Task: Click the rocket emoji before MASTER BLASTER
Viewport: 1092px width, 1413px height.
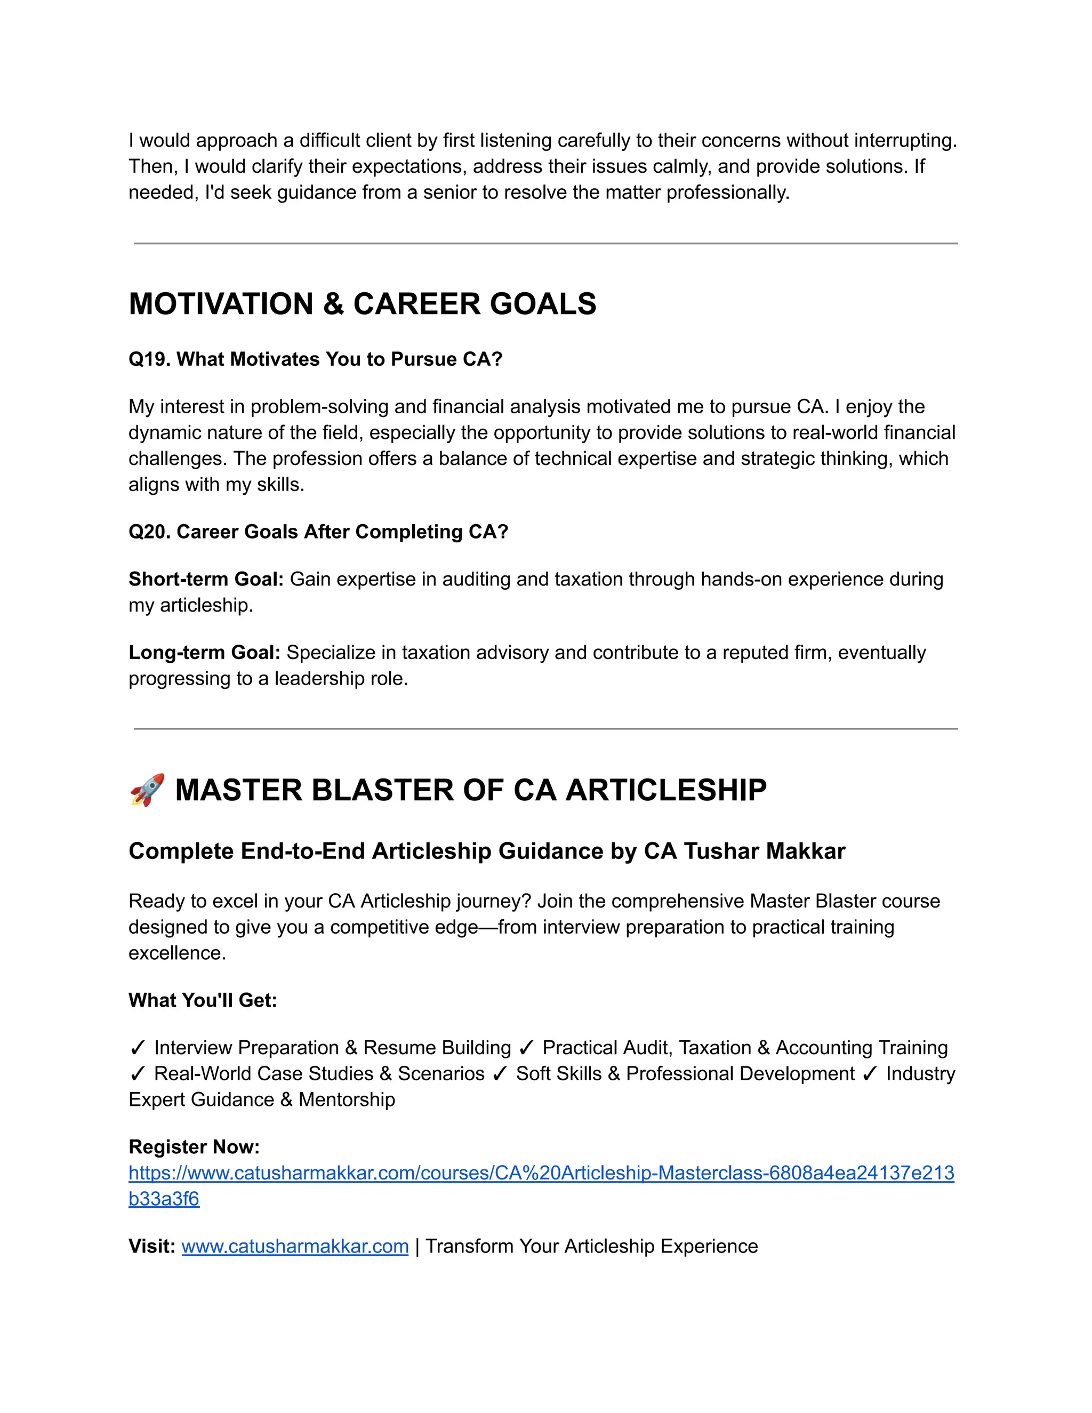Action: (x=147, y=790)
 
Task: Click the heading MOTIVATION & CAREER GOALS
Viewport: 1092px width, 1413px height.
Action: (x=362, y=304)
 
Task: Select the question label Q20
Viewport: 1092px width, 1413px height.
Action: (x=149, y=532)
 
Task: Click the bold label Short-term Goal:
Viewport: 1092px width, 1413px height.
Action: (x=206, y=579)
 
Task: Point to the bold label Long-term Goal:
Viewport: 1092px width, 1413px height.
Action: (x=204, y=652)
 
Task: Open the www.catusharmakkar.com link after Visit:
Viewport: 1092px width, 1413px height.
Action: (x=295, y=1246)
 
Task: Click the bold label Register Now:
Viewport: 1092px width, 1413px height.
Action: (x=194, y=1146)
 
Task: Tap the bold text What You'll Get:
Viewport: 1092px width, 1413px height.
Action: (x=203, y=1000)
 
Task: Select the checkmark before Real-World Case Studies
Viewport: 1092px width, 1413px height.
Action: (x=137, y=1074)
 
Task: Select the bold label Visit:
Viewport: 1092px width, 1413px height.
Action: (x=152, y=1246)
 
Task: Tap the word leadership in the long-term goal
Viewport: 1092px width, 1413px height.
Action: (x=320, y=679)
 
